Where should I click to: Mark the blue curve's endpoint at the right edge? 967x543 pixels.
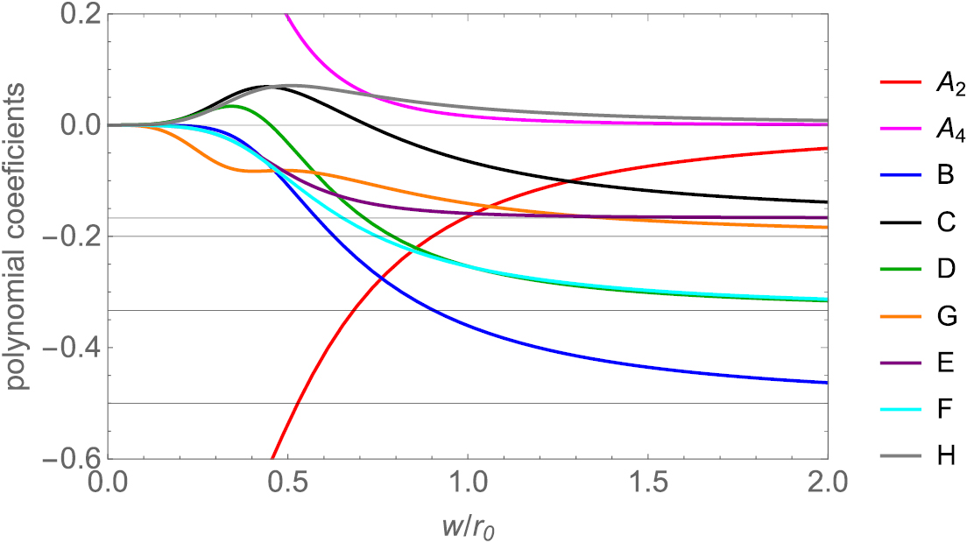pyautogui.click(x=827, y=383)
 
